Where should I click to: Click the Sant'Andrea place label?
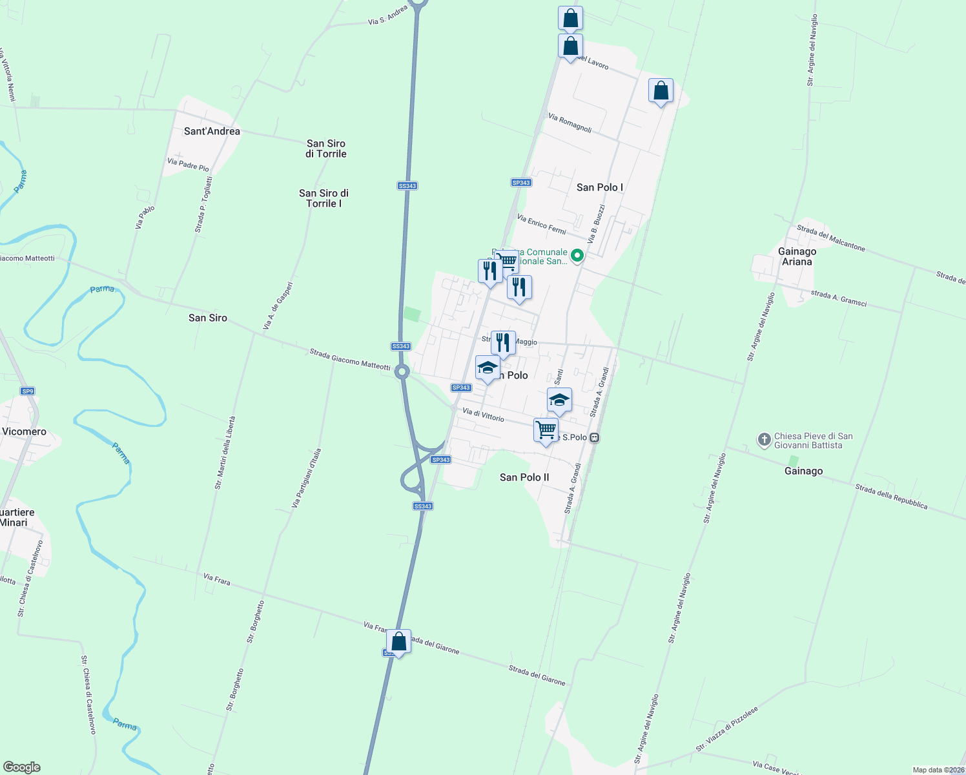pyautogui.click(x=212, y=131)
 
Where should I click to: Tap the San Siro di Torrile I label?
pyautogui.click(x=324, y=198)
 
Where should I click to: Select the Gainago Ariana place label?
pyautogui.click(x=797, y=256)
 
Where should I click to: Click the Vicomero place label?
pyautogui.click(x=25, y=431)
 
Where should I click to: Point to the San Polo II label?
pyautogui.click(x=524, y=477)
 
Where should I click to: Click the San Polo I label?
pyautogui.click(x=599, y=187)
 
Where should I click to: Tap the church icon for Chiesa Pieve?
pyautogui.click(x=764, y=440)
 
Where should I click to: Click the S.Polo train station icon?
pyautogui.click(x=595, y=437)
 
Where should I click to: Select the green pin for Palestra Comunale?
pyautogui.click(x=577, y=256)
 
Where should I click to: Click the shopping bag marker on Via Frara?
pyautogui.click(x=399, y=643)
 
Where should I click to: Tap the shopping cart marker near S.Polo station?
pyautogui.click(x=546, y=430)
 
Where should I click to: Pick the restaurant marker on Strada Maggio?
pyautogui.click(x=503, y=343)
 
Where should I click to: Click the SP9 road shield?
pyautogui.click(x=27, y=391)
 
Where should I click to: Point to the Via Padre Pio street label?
pyautogui.click(x=188, y=165)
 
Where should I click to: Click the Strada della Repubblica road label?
pyautogui.click(x=891, y=497)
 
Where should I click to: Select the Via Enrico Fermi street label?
pyautogui.click(x=541, y=225)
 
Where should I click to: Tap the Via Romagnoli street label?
pyautogui.click(x=570, y=123)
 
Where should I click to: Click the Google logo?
pyautogui.click(x=22, y=767)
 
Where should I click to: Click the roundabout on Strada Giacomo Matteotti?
pyautogui.click(x=402, y=371)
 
